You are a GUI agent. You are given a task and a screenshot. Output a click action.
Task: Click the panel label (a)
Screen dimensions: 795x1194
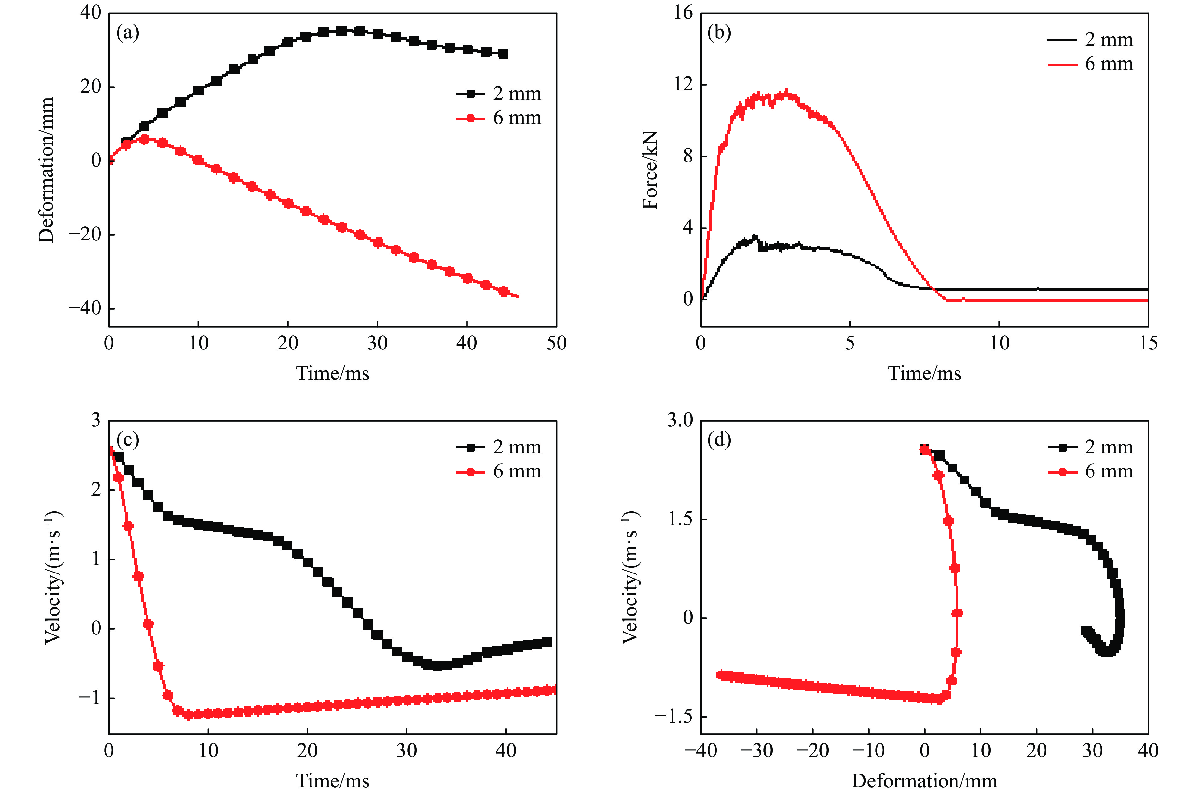[127, 33]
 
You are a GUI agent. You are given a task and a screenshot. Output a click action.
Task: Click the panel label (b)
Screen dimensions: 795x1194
[719, 33]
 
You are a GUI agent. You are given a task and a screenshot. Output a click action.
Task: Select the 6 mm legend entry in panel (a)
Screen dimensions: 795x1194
[499, 118]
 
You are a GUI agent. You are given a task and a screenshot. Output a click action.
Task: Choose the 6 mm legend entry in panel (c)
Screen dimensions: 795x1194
[499, 471]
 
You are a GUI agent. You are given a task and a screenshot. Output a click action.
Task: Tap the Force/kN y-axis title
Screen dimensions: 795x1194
[650, 170]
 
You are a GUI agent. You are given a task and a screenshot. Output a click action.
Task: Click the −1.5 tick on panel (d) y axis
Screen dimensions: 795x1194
[673, 716]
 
